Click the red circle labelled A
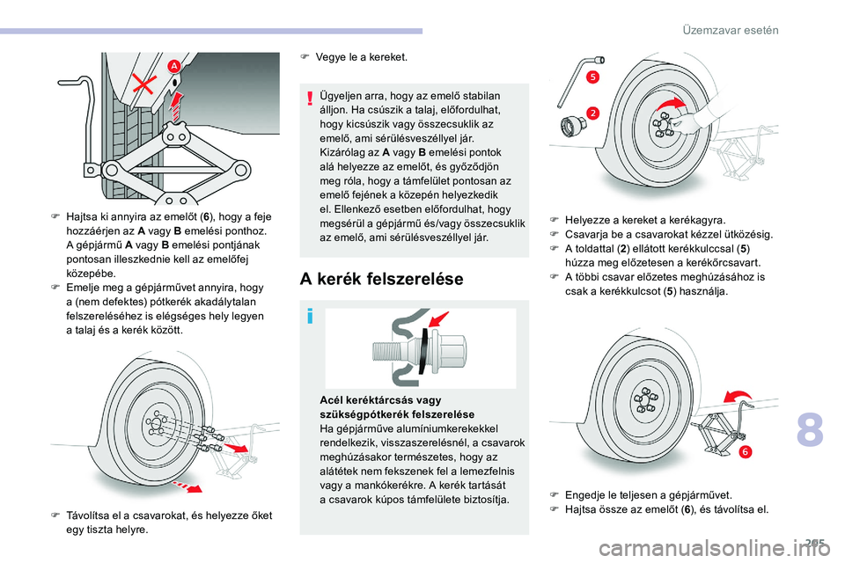pyautogui.click(x=173, y=66)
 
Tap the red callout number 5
pyautogui.click(x=593, y=77)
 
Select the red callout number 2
pyautogui.click(x=592, y=113)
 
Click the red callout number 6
pyautogui.click(x=745, y=451)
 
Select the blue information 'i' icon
pyautogui.click(x=311, y=316)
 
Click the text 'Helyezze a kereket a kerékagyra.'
pyautogui.click(x=645, y=219)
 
